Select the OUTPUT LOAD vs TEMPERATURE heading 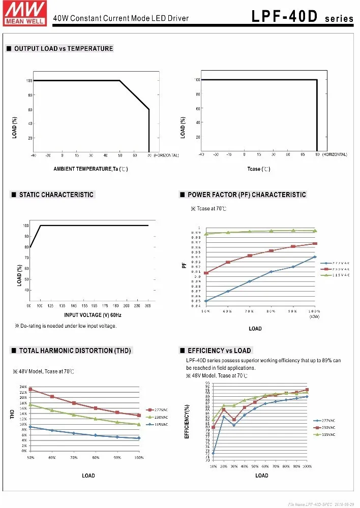[x=63, y=49]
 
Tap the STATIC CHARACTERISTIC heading [x=56, y=195]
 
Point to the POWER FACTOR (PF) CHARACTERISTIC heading [x=247, y=195]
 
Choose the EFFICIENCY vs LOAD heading [x=219, y=351]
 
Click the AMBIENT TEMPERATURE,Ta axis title [x=91, y=169]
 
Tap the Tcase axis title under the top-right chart [x=259, y=169]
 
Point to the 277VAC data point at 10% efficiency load [x=213, y=453]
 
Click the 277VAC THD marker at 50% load [x=31, y=389]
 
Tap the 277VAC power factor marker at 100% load [x=315, y=257]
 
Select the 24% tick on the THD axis [x=23, y=388]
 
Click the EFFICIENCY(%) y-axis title [x=188, y=422]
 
